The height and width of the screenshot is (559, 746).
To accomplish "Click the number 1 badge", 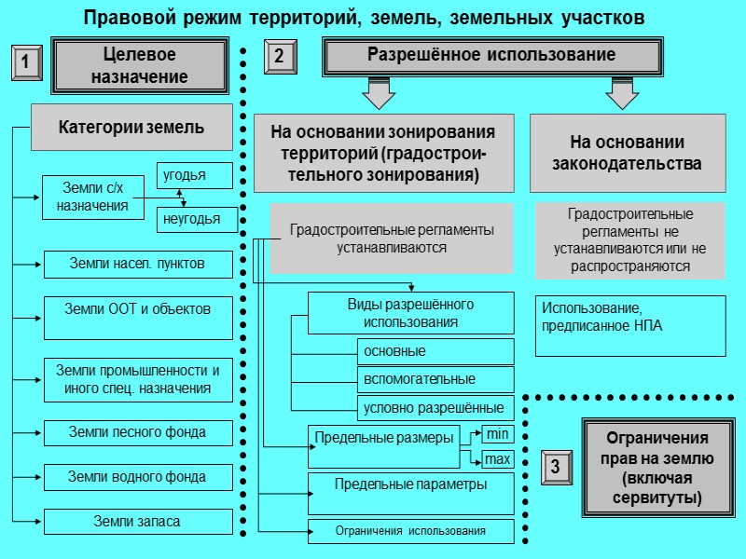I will pos(25,63).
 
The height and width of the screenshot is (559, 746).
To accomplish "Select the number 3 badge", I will pos(555,466).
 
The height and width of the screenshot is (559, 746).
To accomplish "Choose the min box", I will pos(497,433).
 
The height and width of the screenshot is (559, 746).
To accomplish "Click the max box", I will pos(497,458).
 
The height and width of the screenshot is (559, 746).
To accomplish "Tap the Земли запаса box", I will pos(138,522).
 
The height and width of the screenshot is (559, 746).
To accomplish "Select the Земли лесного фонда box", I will pos(138,433).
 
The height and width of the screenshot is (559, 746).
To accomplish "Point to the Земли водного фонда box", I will pos(138,477).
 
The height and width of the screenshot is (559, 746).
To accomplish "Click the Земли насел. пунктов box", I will pos(138,265).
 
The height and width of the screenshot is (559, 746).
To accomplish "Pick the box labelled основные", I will pos(435,351).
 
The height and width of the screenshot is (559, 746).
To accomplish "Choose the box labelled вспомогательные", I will pos(435,379).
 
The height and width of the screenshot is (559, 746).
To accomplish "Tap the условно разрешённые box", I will pos(435,407).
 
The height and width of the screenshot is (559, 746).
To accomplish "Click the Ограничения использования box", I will pos(410,531).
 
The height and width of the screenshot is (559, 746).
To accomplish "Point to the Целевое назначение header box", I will pos(139,65).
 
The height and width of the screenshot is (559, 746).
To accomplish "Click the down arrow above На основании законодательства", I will pos(620,91).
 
